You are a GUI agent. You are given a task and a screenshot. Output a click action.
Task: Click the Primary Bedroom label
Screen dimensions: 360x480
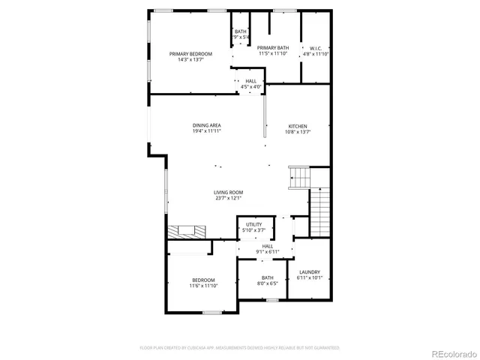(x=190, y=54)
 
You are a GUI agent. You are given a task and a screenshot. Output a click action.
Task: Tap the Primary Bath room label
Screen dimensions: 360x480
(x=273, y=47)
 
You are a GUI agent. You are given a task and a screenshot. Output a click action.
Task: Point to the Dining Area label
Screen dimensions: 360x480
(x=206, y=125)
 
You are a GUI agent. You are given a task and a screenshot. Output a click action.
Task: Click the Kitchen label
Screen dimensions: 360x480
(x=298, y=125)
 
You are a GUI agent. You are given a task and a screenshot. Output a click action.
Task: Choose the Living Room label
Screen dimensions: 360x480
(x=228, y=193)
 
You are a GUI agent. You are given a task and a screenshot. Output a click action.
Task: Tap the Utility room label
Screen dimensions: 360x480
(x=254, y=224)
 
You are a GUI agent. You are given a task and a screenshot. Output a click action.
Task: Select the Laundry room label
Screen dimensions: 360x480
(x=309, y=271)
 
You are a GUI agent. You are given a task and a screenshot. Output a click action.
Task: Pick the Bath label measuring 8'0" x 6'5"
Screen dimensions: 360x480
(x=268, y=278)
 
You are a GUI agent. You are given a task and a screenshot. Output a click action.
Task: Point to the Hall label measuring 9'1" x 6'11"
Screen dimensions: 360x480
(x=267, y=246)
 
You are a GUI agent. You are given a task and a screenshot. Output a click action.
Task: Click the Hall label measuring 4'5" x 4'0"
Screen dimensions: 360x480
(x=250, y=81)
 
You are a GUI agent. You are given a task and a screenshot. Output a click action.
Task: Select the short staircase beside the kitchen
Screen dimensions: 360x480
(x=299, y=178)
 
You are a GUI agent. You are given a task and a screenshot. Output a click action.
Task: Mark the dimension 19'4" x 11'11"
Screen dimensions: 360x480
(x=206, y=131)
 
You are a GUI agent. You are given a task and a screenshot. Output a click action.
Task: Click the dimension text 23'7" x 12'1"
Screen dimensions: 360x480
(x=228, y=199)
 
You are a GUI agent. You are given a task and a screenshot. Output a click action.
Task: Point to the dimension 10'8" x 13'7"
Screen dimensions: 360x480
(x=298, y=131)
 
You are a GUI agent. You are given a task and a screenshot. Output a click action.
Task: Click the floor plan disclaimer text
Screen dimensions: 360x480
(x=240, y=348)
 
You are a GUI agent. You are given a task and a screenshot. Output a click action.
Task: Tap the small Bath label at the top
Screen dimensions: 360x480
(x=240, y=31)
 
